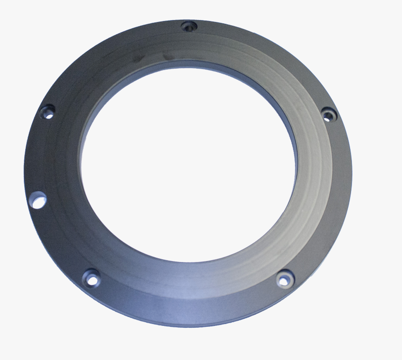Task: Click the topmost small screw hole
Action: click(188, 26)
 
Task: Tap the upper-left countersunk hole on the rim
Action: click(47, 112)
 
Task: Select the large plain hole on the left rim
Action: click(38, 200)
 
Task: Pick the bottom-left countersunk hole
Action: click(92, 279)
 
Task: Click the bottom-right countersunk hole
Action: click(283, 279)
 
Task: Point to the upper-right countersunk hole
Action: click(329, 113)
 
